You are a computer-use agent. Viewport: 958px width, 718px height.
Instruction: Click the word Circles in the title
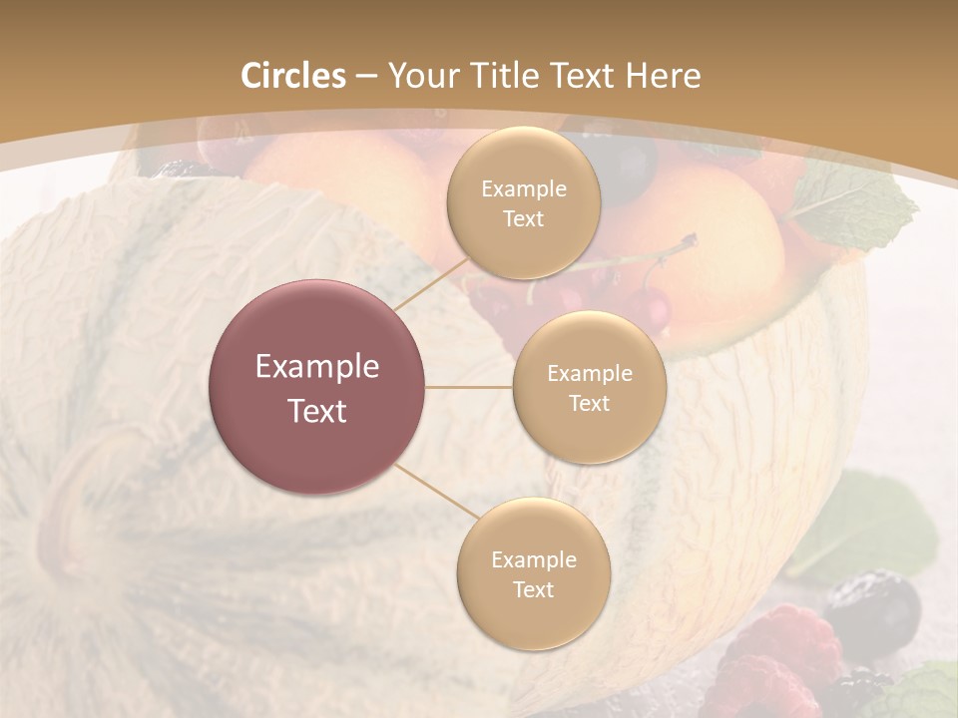(292, 76)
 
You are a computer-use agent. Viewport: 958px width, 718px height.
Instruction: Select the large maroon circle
(317, 387)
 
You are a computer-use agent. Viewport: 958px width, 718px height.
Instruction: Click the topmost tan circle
(523, 202)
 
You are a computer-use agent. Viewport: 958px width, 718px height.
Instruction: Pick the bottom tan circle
(533, 573)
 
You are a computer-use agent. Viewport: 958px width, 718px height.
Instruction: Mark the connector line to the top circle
(432, 282)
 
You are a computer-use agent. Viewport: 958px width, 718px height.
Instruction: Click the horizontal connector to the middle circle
(469, 387)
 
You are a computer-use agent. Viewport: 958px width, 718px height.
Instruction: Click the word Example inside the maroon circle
(317, 367)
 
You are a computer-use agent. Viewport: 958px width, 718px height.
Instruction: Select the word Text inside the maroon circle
(317, 411)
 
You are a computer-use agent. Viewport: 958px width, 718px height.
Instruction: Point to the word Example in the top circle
(523, 189)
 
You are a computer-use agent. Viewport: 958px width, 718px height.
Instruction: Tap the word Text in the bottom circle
(533, 589)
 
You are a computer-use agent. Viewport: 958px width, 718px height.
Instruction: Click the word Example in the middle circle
(589, 374)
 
